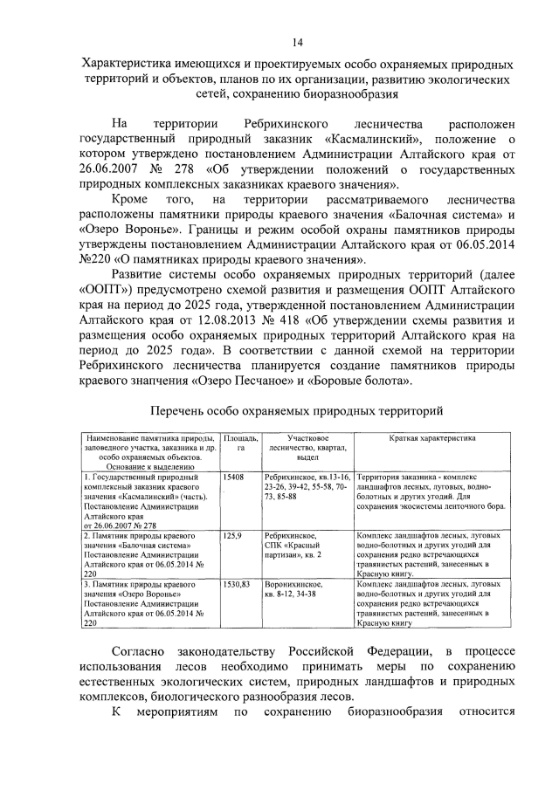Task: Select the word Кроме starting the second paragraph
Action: click(134, 201)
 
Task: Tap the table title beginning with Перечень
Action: click(298, 410)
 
